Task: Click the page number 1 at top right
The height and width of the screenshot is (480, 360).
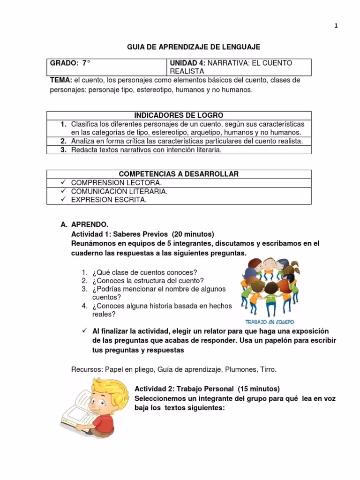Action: [x=336, y=26]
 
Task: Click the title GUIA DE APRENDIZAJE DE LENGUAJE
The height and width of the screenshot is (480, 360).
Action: [x=194, y=47]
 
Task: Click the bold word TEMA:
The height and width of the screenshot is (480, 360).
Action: [x=61, y=80]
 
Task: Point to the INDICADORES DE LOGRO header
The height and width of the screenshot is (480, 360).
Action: [x=179, y=115]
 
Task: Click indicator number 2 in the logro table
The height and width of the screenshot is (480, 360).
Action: [x=63, y=141]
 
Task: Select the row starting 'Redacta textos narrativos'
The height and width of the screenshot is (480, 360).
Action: [x=146, y=150]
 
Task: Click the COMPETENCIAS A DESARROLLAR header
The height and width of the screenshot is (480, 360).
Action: [x=179, y=174]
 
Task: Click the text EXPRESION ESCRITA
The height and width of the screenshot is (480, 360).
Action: [x=109, y=200]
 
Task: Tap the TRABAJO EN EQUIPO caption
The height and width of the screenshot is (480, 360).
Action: [x=270, y=322]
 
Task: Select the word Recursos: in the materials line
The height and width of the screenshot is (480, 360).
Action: [x=86, y=369]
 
